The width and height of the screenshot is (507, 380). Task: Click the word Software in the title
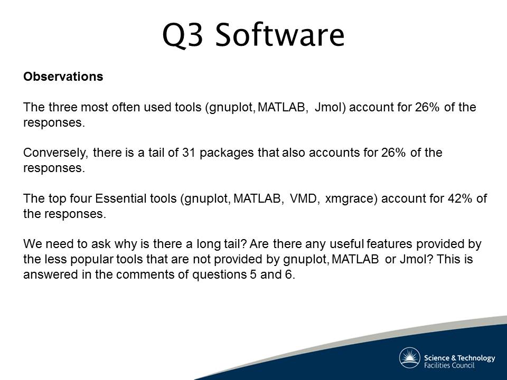click(x=280, y=35)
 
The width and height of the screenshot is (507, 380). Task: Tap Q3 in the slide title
click(x=183, y=35)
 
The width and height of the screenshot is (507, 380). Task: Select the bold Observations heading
click(x=63, y=77)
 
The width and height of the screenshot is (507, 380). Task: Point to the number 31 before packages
click(x=189, y=153)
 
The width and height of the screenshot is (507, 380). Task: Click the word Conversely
click(x=55, y=153)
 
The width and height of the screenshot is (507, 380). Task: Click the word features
click(x=389, y=244)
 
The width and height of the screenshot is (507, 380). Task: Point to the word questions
click(x=220, y=275)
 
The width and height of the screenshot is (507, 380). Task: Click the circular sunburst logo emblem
click(x=409, y=358)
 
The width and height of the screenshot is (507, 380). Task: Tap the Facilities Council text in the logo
click(x=449, y=365)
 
